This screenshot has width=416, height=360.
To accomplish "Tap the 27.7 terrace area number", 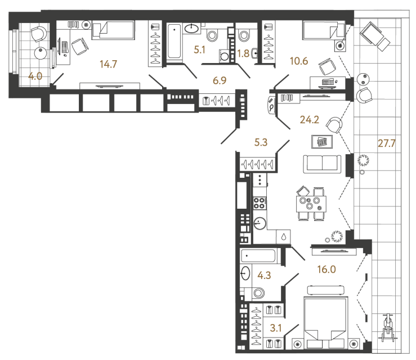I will (387, 143).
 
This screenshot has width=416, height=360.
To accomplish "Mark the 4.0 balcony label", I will (35, 76).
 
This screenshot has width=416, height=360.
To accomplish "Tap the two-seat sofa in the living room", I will (322, 164).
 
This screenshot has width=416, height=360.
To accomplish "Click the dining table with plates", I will (310, 204).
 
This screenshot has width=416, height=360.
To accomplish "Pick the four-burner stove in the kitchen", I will (260, 202).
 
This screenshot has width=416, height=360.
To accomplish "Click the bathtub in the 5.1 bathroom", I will (174, 42).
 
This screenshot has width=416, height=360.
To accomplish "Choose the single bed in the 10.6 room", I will (323, 30).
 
